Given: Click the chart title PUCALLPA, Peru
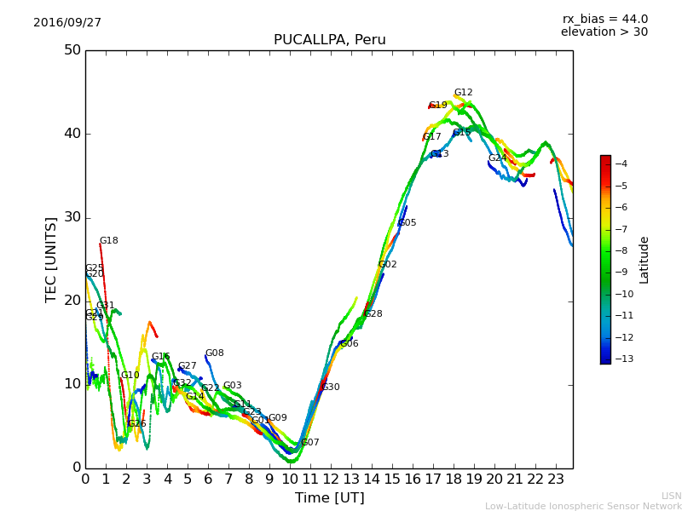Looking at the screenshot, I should [x=329, y=40].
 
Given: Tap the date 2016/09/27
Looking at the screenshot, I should [x=67, y=23].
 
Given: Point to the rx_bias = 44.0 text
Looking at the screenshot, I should [x=604, y=19].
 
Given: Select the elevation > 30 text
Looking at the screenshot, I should [x=604, y=32].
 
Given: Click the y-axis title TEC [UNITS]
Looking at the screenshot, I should [x=51, y=259].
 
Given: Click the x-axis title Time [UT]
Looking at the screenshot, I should [x=329, y=498].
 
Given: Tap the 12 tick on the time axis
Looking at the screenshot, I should [x=331, y=479].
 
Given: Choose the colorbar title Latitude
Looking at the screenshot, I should [x=644, y=260].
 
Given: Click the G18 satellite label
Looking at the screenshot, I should [x=109, y=241].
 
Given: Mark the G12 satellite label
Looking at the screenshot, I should [x=463, y=93].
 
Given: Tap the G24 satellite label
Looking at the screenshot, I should [x=497, y=158].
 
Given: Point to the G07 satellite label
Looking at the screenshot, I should [x=310, y=443].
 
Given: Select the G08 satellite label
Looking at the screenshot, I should [x=215, y=353].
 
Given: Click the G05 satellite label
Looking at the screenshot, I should [x=407, y=223].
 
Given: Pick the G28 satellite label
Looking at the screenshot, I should [x=373, y=314].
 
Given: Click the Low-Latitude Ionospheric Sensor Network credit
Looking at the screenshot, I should [x=583, y=507].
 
